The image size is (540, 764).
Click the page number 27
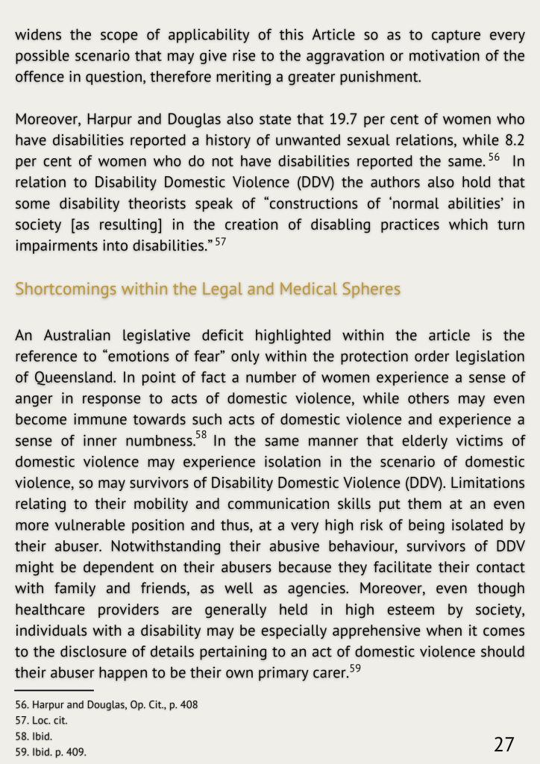point(504,744)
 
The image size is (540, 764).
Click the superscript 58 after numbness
point(201,434)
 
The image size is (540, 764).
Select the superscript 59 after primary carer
point(355,668)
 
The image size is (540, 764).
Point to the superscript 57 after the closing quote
point(220,242)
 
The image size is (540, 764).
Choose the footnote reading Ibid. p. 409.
point(51,752)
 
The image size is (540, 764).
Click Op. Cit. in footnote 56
point(139,704)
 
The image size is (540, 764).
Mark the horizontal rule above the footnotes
point(54,690)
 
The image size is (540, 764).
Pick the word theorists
point(131,203)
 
